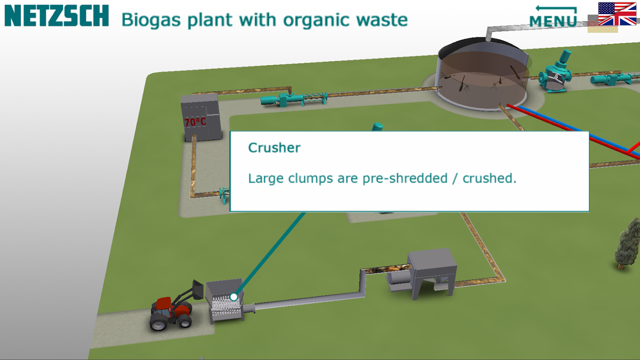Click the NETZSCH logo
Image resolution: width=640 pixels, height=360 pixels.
[x=57, y=16]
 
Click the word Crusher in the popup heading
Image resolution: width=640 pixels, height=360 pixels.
[x=274, y=148]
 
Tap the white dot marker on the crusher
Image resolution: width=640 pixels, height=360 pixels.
[x=234, y=297]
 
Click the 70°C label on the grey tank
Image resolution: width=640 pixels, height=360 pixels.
[x=195, y=122]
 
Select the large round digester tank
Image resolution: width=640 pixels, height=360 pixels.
[x=482, y=76]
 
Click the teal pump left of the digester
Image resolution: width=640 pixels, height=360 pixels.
[x=293, y=98]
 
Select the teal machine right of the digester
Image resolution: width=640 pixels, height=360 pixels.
[x=554, y=74]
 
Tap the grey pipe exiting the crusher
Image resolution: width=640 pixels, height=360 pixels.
[x=306, y=301]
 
